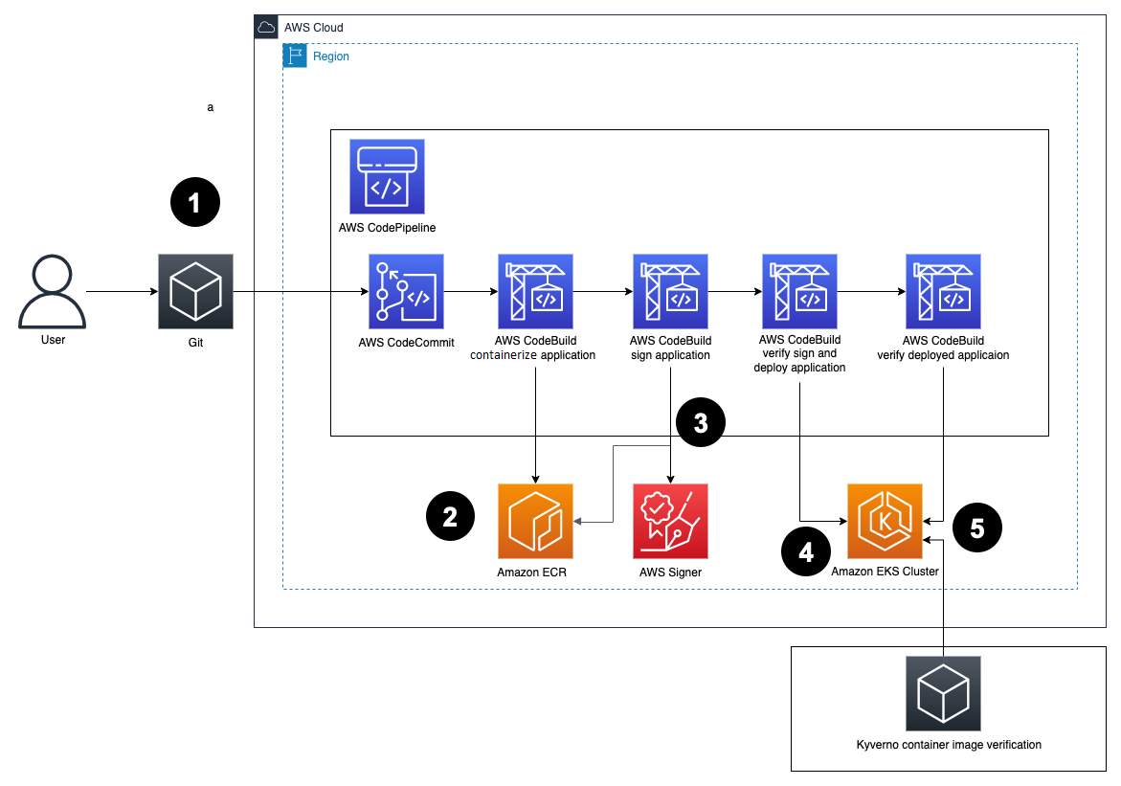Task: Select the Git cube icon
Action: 196,291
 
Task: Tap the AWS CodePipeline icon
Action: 387,176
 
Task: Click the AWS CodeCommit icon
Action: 406,291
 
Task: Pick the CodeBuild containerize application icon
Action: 535,291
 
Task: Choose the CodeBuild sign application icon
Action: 670,291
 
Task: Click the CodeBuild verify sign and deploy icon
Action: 799,291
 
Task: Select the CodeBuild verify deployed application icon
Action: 943,291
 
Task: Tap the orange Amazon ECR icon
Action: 535,521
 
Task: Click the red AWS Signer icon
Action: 670,521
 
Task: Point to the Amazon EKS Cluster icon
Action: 885,521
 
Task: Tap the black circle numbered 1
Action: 195,202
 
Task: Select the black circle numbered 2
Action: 450,517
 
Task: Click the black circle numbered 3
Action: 701,423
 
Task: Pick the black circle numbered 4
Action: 806,552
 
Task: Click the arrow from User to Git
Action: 122,291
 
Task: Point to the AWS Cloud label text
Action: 314,28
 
